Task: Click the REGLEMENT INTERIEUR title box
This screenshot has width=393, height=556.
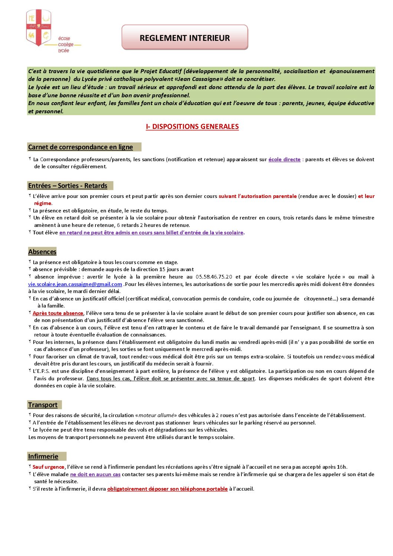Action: point(185,38)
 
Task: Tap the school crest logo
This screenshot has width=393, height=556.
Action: point(39,27)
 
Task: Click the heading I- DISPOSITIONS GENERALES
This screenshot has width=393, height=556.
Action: point(192,127)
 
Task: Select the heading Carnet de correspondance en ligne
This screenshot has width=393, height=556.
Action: point(81,147)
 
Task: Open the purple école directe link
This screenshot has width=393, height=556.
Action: point(284,159)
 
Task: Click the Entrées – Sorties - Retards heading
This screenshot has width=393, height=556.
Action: point(68,186)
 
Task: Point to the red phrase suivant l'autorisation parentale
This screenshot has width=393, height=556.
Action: point(257,196)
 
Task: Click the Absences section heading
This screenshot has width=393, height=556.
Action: point(42,252)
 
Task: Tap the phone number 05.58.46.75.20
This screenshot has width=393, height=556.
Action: point(214,277)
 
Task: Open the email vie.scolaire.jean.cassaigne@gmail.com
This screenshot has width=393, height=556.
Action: point(75,284)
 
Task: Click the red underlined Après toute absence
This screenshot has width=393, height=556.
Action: point(58,313)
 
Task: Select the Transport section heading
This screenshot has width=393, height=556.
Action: point(43,405)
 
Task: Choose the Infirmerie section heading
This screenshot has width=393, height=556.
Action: point(43,456)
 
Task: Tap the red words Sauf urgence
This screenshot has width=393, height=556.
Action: point(48,467)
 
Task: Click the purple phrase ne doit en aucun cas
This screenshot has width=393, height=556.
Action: point(95,474)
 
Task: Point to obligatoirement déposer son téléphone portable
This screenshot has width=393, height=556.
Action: point(167,489)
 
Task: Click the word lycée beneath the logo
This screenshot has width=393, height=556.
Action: point(64,51)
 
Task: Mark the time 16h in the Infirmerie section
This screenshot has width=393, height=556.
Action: point(341,467)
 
